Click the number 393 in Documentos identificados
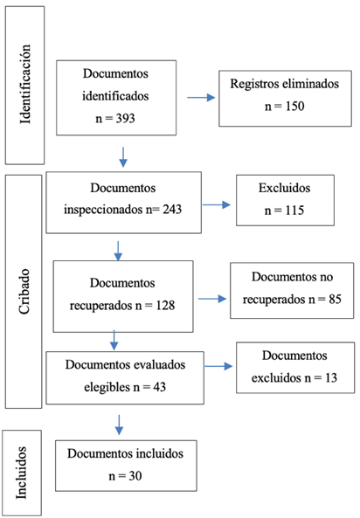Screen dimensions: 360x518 click(125, 119)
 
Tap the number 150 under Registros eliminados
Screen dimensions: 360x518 click(294, 107)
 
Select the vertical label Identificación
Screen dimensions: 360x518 click(25, 84)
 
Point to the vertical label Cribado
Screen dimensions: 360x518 click(24, 292)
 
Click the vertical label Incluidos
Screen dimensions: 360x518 click(22, 473)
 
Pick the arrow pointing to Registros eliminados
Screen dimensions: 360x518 click(201, 98)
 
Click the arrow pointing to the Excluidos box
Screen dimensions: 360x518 click(217, 204)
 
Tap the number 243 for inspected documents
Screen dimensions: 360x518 click(172, 210)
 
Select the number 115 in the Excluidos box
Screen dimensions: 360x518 click(294, 211)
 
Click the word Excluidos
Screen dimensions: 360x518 click(285, 188)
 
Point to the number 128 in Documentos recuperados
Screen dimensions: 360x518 click(165, 306)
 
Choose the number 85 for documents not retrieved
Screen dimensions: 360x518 click(335, 300)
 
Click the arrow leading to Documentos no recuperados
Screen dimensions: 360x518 click(212, 299)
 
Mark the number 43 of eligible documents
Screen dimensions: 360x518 click(159, 387)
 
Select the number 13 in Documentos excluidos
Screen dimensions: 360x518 click(331, 378)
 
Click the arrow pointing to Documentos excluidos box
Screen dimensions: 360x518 click(218, 366)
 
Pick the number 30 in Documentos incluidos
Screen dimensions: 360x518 click(135, 476)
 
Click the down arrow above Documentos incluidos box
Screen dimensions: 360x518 click(119, 425)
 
